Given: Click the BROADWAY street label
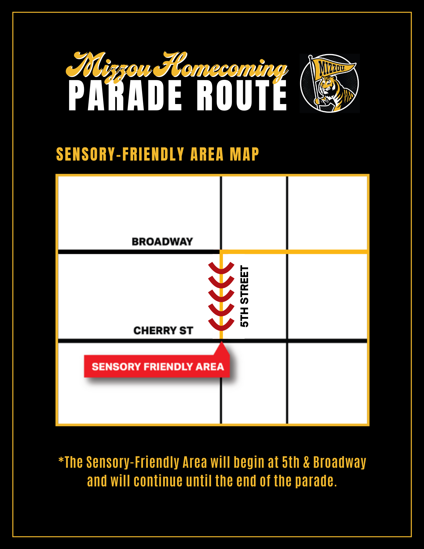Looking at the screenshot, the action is pyautogui.click(x=162, y=242).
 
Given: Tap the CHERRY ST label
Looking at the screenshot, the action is pyautogui.click(x=163, y=330).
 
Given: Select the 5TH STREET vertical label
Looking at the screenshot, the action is pyautogui.click(x=244, y=296).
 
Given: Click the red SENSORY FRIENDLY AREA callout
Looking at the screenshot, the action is pyautogui.click(x=157, y=366).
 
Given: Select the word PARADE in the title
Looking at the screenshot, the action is pyautogui.click(x=125, y=96).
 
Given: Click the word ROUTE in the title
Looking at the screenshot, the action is pyautogui.click(x=242, y=96).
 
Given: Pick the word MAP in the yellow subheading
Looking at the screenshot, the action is pyautogui.click(x=244, y=154).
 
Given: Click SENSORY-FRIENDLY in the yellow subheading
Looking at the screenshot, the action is pyautogui.click(x=120, y=154).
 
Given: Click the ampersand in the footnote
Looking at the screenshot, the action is pyautogui.click(x=307, y=462).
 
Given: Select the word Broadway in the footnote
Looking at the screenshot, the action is pyautogui.click(x=340, y=463).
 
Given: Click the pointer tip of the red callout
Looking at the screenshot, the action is pyautogui.click(x=221, y=341).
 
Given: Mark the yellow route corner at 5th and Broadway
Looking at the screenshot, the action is pyautogui.click(x=221, y=252).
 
